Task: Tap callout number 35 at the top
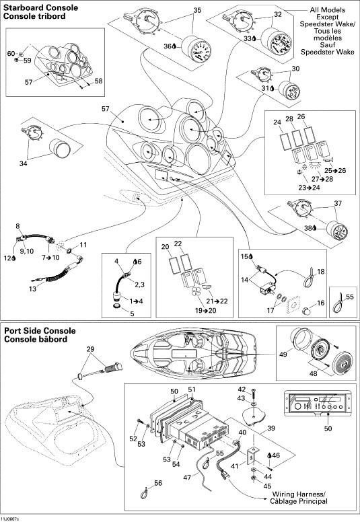point(178,10)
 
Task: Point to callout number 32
point(259,13)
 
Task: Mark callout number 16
point(320,303)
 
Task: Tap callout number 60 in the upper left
point(10,52)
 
